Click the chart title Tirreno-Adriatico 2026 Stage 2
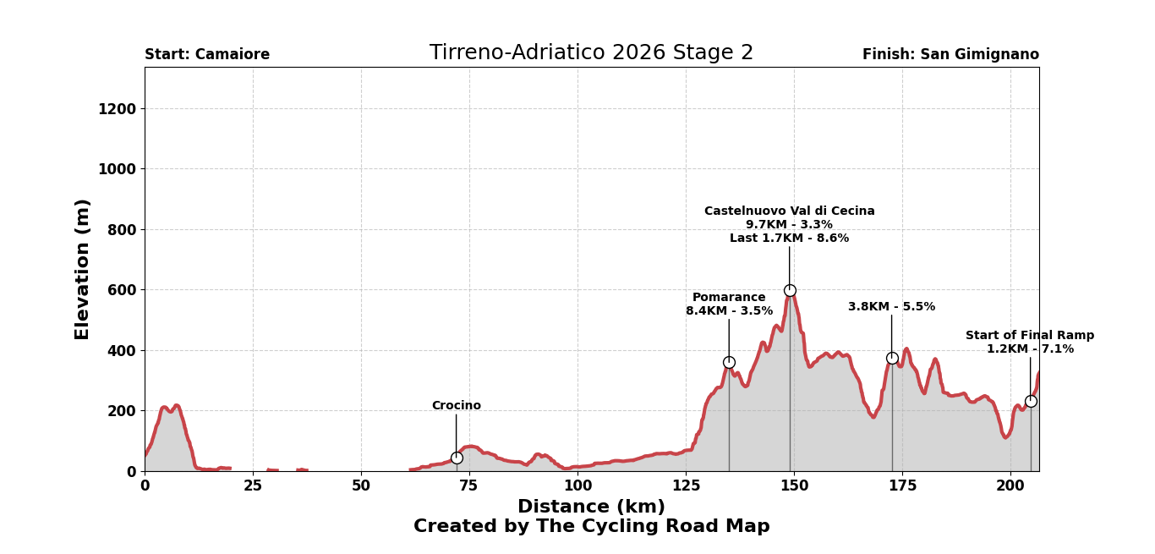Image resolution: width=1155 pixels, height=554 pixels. (x=591, y=53)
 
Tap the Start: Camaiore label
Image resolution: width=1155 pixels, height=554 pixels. (x=207, y=55)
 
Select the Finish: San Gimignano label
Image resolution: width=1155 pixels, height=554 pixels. (x=950, y=55)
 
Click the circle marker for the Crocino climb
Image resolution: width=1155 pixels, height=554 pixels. (x=457, y=458)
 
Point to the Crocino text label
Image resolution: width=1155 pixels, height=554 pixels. (x=456, y=406)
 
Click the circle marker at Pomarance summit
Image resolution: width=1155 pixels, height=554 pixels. (x=729, y=362)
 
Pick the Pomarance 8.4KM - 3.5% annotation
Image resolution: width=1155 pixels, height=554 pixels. (x=729, y=304)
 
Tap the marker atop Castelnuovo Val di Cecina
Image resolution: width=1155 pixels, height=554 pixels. (x=790, y=290)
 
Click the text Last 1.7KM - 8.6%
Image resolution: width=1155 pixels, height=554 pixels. (x=789, y=239)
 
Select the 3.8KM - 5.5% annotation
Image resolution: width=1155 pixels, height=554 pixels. (x=891, y=307)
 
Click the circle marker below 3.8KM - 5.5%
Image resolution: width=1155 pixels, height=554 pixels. (x=892, y=358)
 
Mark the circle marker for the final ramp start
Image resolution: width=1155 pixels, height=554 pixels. (x=1031, y=401)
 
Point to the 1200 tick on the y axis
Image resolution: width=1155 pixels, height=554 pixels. (x=117, y=109)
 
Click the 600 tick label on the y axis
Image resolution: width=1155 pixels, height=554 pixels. (x=121, y=290)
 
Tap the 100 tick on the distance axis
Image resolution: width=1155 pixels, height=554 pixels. (x=577, y=486)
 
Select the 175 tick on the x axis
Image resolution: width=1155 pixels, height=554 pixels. (x=902, y=486)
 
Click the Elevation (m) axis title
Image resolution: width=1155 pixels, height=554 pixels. (x=83, y=269)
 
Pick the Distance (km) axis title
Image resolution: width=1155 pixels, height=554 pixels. (x=591, y=507)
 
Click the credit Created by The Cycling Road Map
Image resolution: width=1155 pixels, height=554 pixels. (x=591, y=527)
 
